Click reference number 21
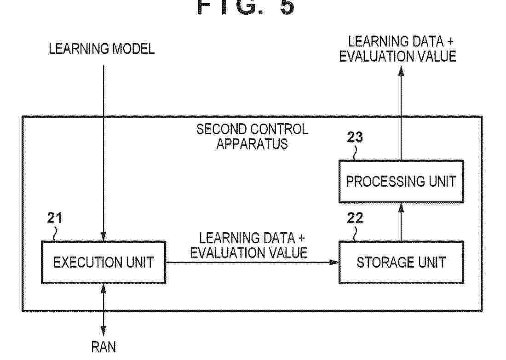point(55,218)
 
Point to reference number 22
point(355,218)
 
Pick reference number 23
point(355,137)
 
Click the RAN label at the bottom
point(103,347)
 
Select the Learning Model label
point(102,49)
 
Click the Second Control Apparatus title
point(253,137)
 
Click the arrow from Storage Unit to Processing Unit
point(401,222)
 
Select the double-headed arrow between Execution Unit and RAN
point(103,310)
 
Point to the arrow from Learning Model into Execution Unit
point(103,153)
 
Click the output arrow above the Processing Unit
point(401,113)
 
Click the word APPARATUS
point(252,144)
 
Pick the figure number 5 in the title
point(287,7)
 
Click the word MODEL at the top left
point(133,49)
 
